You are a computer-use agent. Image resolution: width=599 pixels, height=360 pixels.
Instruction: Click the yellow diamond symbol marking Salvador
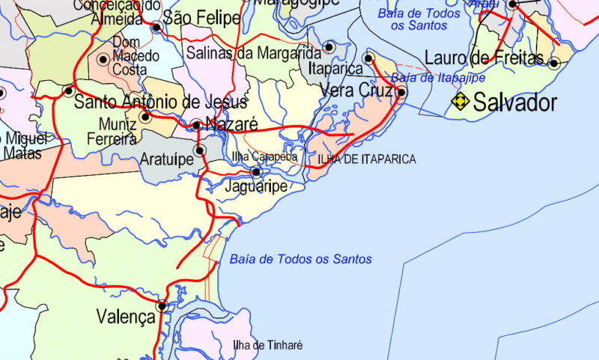(x=459, y=102)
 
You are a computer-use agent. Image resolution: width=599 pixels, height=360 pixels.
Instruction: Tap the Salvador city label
(x=515, y=103)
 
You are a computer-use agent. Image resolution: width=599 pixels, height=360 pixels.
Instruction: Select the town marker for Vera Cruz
(x=401, y=93)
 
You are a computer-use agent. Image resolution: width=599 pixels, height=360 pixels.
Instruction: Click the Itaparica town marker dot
(x=368, y=58)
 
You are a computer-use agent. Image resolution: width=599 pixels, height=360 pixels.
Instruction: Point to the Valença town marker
(x=162, y=305)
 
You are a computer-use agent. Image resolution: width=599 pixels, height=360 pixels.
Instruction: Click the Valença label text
(x=126, y=317)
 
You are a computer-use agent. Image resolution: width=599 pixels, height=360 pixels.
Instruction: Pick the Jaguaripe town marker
(x=256, y=171)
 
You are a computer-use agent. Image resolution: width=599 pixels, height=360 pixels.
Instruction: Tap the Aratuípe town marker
(x=199, y=150)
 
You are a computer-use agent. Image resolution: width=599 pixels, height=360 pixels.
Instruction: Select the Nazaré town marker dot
(x=196, y=125)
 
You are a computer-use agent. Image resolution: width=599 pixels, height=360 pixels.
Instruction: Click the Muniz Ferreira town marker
(x=145, y=117)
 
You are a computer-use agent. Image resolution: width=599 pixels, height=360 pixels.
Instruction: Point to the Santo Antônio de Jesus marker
(x=69, y=91)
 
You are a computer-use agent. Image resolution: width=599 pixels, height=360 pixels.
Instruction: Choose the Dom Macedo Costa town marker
(x=103, y=59)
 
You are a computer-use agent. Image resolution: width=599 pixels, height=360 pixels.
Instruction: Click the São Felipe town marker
(x=156, y=28)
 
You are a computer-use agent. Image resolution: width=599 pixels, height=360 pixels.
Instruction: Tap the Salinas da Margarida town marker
(x=328, y=47)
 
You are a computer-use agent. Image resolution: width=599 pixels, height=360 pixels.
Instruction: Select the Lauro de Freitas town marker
(x=554, y=63)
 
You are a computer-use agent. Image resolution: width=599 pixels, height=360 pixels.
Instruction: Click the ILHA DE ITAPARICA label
(x=367, y=159)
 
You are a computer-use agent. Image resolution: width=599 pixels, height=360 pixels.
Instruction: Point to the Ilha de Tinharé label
(x=267, y=345)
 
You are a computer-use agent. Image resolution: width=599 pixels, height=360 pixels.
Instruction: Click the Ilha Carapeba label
(x=265, y=157)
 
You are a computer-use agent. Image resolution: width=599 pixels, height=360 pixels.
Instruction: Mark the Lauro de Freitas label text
(x=484, y=58)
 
